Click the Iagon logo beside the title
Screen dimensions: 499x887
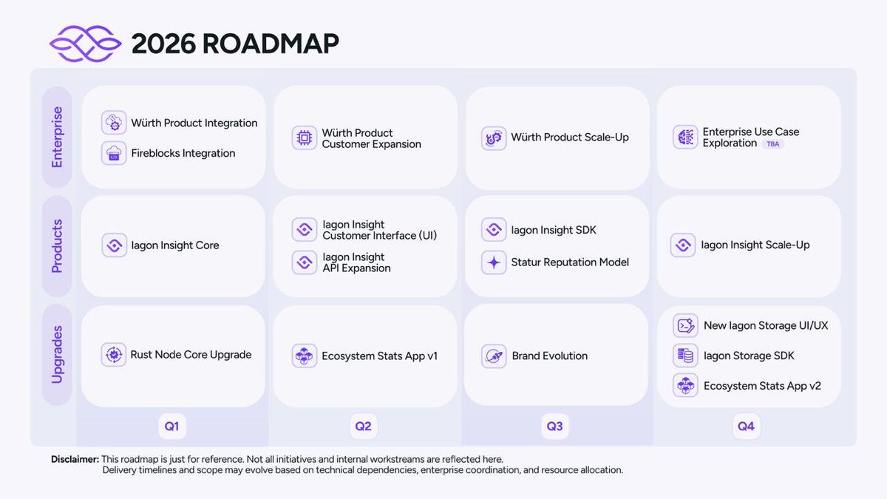85,44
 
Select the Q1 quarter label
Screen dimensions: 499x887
171,427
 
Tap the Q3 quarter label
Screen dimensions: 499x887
554,427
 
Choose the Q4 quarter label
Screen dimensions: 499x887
746,427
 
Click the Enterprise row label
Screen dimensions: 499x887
57,137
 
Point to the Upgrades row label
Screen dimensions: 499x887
57,354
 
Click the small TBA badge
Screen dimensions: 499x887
773,144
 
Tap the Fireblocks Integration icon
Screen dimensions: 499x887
114,153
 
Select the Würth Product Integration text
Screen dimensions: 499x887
194,123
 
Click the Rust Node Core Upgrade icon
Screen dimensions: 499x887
114,355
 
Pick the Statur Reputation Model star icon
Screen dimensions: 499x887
493,262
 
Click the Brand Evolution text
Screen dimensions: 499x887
550,356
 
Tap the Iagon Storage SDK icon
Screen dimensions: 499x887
685,356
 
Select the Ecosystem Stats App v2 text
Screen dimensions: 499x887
762,386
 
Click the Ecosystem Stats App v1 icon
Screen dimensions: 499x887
304,356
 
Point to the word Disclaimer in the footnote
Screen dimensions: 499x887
75,459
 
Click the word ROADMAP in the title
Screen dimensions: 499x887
271,44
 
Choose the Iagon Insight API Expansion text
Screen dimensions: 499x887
357,262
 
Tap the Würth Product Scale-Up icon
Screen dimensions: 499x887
493,138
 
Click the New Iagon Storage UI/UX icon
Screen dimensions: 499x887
685,325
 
